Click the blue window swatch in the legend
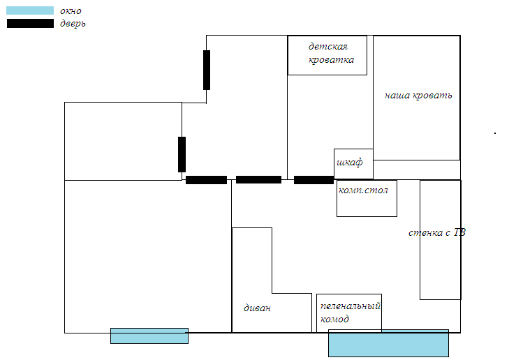[x=30, y=10]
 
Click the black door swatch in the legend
[x=30, y=24]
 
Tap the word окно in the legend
[x=71, y=10]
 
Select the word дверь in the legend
[x=73, y=24]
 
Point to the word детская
[x=327, y=46]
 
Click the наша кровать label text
[x=418, y=96]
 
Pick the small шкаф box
[x=353, y=163]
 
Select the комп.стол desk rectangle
[x=367, y=198]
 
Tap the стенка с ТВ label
[x=436, y=232]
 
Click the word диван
[x=257, y=308]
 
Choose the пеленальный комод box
[x=349, y=313]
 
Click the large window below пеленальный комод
[x=388, y=343]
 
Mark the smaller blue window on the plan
[x=149, y=336]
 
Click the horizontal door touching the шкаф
[x=314, y=180]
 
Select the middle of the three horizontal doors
[x=258, y=180]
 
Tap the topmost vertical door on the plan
[x=207, y=70]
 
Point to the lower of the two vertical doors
[x=182, y=154]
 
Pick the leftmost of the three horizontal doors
[x=206, y=180]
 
